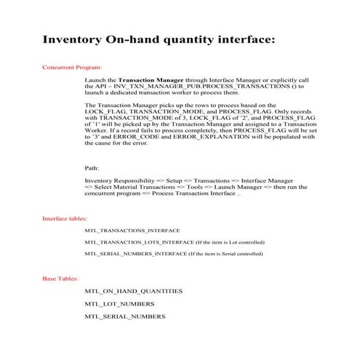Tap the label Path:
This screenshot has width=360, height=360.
coord(92,168)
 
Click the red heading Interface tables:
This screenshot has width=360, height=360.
coord(65,218)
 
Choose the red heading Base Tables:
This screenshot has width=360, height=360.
coord(60,279)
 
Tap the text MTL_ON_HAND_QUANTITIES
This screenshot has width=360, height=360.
coord(133,291)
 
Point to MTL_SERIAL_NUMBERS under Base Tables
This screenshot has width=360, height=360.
coord(124,316)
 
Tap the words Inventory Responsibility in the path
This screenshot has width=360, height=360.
coord(119,180)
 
